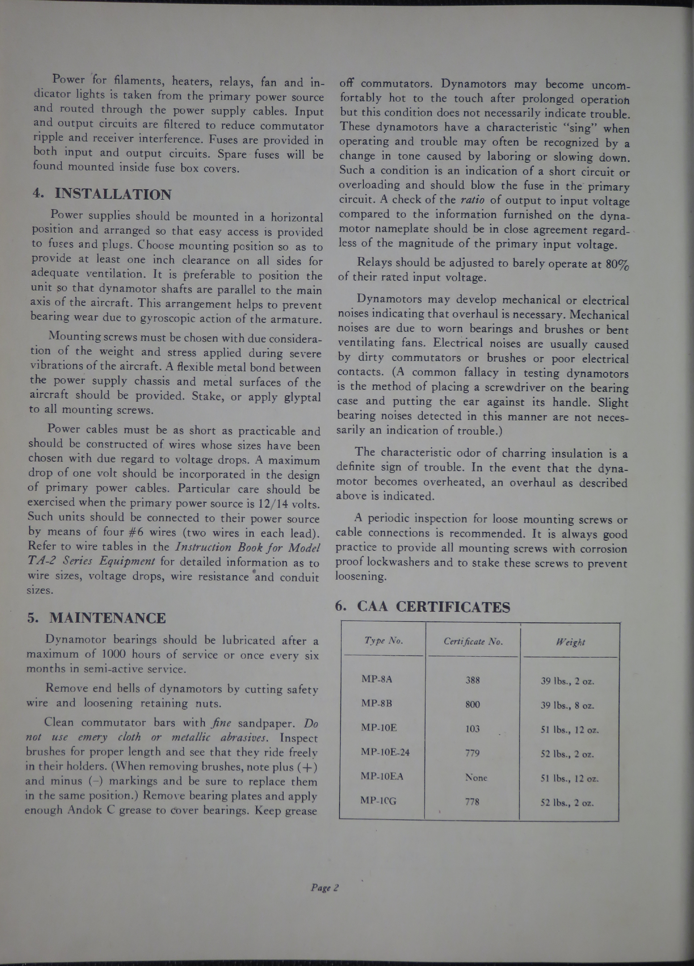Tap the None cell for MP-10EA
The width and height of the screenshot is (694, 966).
pyautogui.click(x=476, y=778)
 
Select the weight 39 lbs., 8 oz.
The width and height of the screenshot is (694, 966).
pyautogui.click(x=567, y=705)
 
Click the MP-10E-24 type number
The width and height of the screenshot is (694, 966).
pyautogui.click(x=385, y=752)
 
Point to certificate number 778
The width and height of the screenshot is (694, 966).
pyautogui.click(x=472, y=802)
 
